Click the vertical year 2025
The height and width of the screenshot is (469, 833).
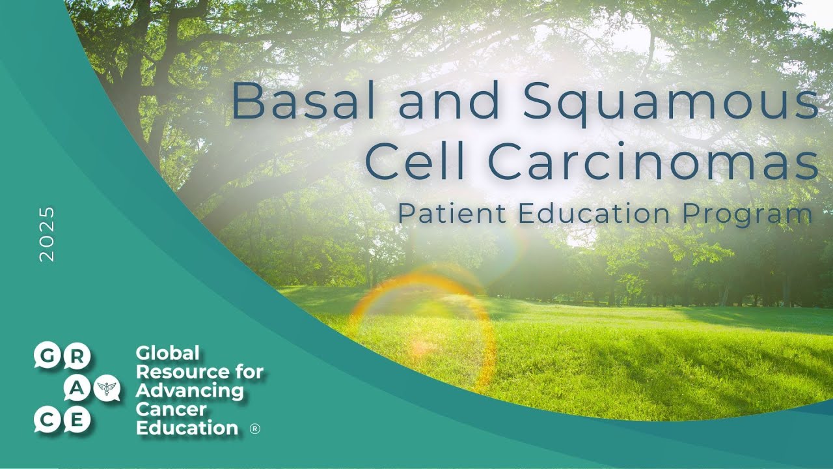coord(48,234)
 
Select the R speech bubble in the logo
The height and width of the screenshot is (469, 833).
coord(77,356)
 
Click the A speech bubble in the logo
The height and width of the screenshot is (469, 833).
coord(77,388)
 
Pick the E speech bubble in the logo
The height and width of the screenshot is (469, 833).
coord(77,421)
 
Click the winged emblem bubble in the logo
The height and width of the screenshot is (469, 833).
coord(106,389)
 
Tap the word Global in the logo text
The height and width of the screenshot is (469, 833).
coord(167,354)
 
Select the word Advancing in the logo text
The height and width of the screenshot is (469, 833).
coord(189,391)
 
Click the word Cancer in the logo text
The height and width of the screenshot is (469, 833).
coord(171,410)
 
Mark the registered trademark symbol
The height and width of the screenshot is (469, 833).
coord(255,429)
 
